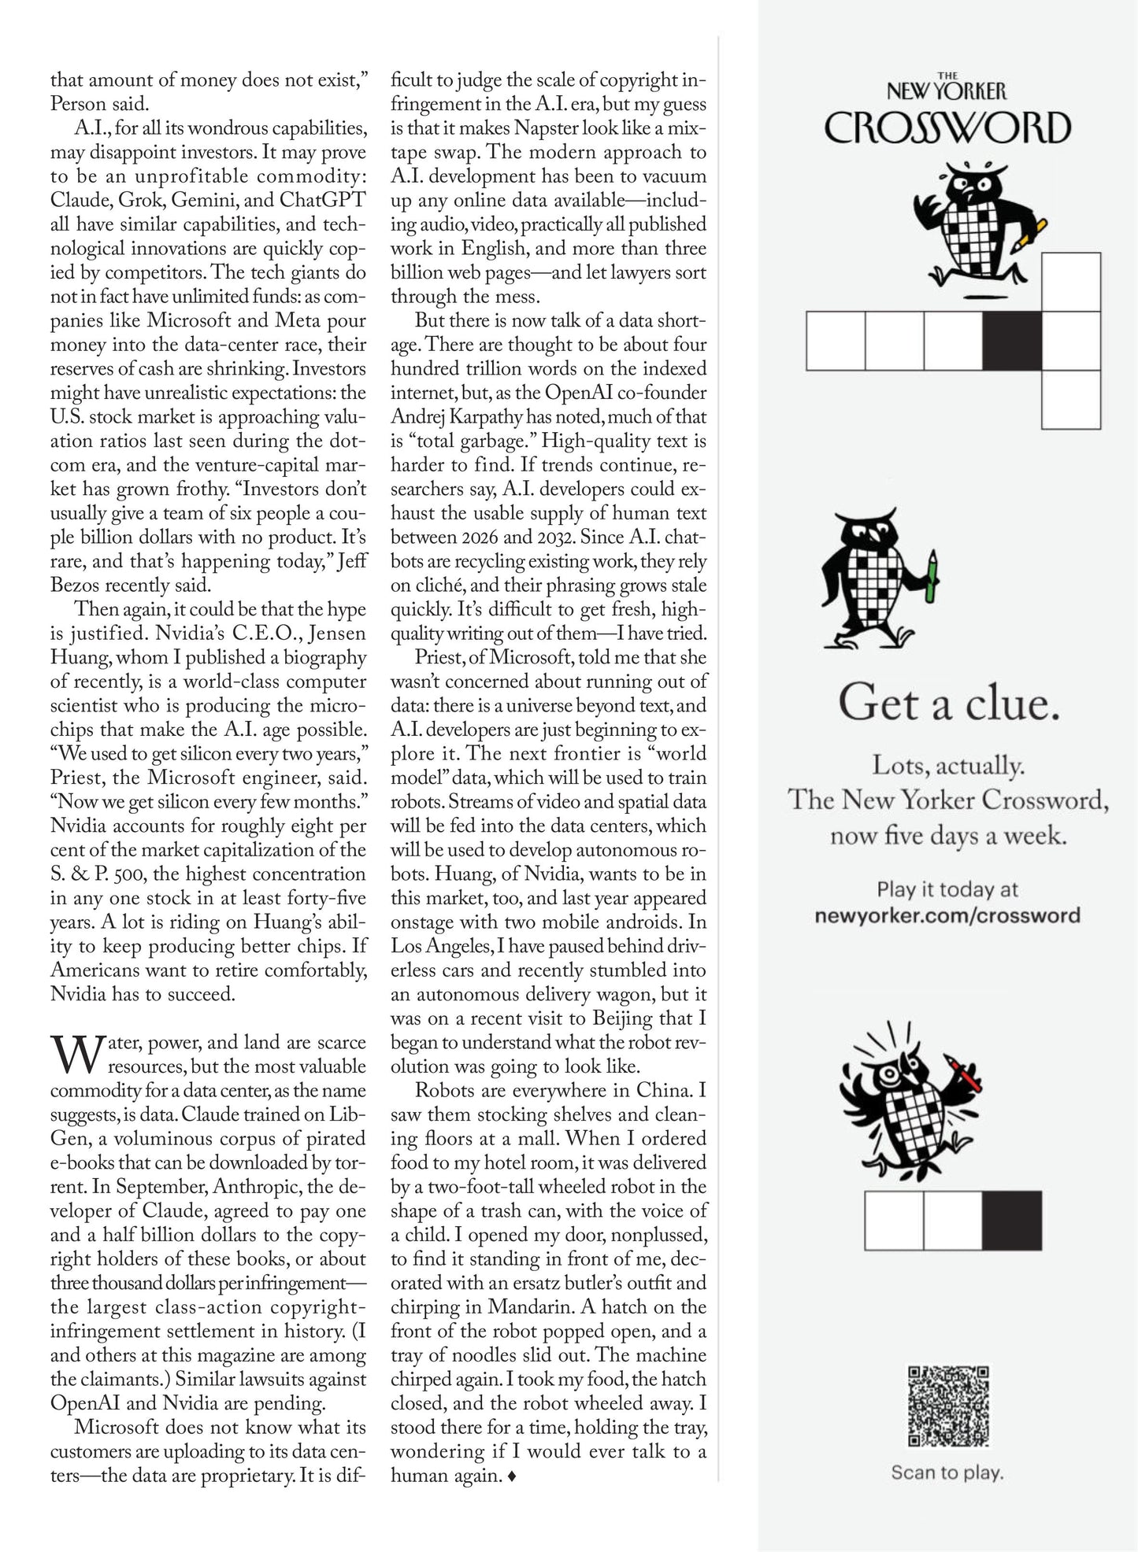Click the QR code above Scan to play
[948, 1406]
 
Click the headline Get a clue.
[948, 702]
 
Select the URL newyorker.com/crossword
[947, 915]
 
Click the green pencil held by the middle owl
[933, 577]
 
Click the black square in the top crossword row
[1012, 341]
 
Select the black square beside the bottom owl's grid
[1012, 1221]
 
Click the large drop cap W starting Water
[76, 1054]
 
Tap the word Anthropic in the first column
[254, 1187]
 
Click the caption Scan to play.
[947, 1473]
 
